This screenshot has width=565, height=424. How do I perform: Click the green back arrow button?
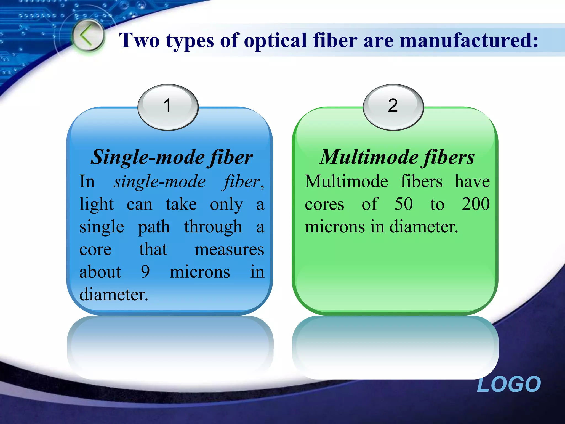(x=88, y=36)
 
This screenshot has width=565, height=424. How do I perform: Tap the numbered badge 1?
(x=168, y=106)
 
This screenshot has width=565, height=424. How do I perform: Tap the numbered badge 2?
(x=393, y=106)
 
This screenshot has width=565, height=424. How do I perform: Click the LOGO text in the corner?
(x=509, y=384)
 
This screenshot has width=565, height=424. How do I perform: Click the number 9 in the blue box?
(x=145, y=272)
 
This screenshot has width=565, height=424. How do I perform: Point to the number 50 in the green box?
(x=404, y=204)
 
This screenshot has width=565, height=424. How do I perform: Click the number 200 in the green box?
(x=476, y=204)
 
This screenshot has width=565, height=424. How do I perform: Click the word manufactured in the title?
(x=469, y=40)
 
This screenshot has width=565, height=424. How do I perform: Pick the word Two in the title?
(x=139, y=40)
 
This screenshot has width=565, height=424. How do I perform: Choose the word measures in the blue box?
(x=229, y=250)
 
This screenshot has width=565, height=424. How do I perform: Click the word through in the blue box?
(x=213, y=227)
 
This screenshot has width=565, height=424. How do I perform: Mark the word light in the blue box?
(x=97, y=205)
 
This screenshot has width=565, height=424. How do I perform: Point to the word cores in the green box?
(x=324, y=205)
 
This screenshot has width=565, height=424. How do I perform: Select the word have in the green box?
(x=472, y=182)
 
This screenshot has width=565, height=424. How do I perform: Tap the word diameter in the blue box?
(x=113, y=295)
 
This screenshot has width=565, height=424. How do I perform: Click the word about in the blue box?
(x=100, y=272)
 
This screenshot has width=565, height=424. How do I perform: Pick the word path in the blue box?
(x=154, y=227)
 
